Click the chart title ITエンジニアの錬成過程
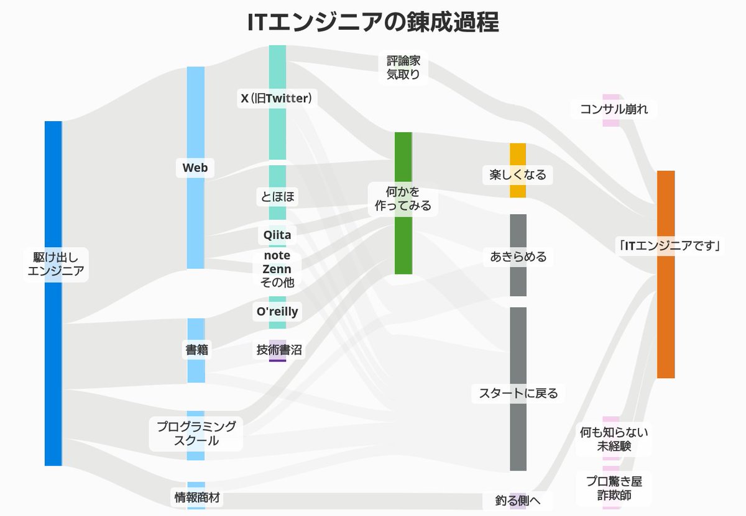(373, 22)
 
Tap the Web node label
(195, 168)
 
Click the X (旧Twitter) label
(277, 98)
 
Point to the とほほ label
(277, 197)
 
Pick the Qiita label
(277, 235)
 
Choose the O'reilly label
(277, 312)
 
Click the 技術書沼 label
(279, 350)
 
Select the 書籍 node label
(196, 350)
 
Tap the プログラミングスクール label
(196, 433)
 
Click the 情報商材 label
(196, 497)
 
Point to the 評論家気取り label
(403, 68)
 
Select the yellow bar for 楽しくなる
(518, 155)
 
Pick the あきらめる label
(518, 256)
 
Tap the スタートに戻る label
(518, 393)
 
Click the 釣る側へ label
(518, 500)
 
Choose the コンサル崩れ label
(613, 110)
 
